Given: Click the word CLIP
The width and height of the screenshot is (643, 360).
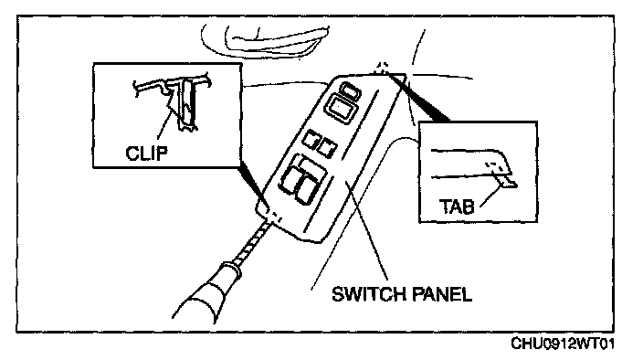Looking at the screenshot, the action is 146,153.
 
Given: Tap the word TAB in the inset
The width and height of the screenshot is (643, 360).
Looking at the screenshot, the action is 457,206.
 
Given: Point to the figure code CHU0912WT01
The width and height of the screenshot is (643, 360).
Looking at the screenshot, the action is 563,344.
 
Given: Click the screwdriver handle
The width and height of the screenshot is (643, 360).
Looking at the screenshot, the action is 202,292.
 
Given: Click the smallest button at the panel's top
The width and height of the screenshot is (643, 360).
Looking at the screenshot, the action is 351,91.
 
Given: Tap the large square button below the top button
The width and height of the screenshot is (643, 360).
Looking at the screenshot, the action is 341,109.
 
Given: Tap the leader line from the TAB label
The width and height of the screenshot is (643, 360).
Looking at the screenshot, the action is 490,196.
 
